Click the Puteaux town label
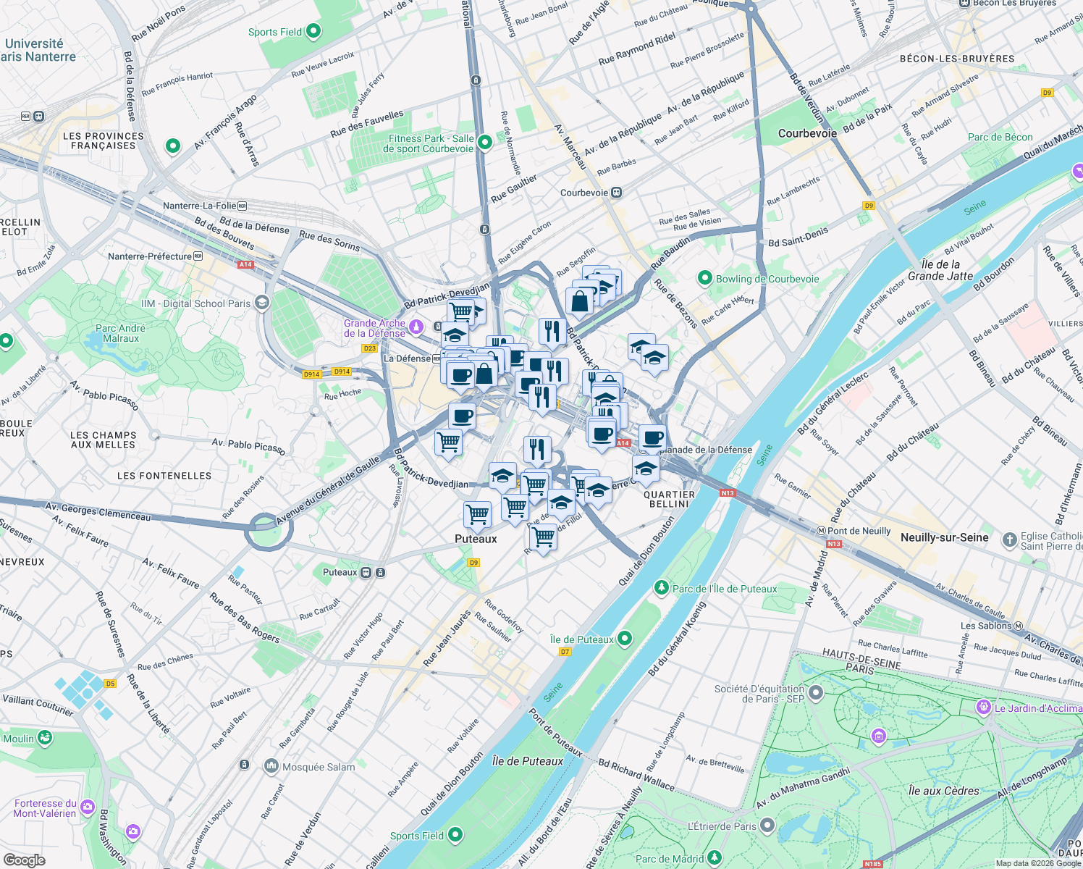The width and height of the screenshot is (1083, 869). (476, 539)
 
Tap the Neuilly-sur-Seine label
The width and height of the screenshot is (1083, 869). (944, 537)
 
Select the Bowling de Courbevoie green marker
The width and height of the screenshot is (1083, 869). (704, 278)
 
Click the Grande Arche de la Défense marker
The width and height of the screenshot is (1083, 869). (416, 327)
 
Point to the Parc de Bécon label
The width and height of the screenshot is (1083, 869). (1000, 137)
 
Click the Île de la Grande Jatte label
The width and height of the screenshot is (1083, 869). (940, 270)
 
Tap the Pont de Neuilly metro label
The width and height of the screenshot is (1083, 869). (858, 531)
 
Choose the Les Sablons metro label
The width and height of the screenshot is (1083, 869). (986, 626)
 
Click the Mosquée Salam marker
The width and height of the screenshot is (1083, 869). (271, 765)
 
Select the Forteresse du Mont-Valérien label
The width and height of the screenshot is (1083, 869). (45, 808)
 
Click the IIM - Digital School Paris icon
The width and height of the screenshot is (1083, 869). (262, 303)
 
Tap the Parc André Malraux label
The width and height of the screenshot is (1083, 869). (121, 333)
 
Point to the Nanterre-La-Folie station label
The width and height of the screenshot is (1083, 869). (199, 206)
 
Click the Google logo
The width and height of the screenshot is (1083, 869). (24, 860)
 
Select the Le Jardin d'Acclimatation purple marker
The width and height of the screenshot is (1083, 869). (983, 707)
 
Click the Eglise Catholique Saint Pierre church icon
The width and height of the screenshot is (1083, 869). (1009, 540)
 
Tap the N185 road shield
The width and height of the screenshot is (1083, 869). (873, 863)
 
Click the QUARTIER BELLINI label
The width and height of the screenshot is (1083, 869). (669, 499)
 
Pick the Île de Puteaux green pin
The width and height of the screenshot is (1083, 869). (625, 638)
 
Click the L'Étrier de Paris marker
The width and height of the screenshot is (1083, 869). (767, 825)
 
